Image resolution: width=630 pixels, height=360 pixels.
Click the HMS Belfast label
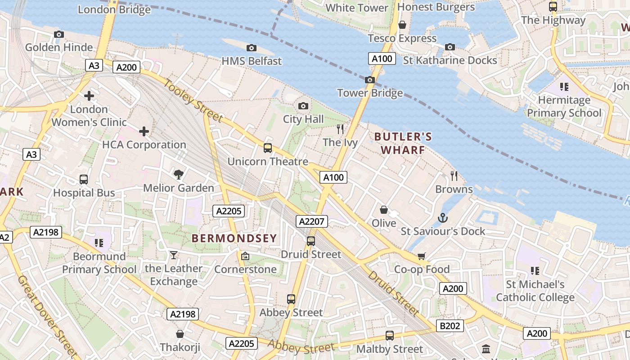tap(252, 61)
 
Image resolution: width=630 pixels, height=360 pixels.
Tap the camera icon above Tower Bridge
tap(370, 80)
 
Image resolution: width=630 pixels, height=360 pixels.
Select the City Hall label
tap(303, 119)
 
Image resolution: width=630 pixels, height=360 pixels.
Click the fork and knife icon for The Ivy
tap(340, 129)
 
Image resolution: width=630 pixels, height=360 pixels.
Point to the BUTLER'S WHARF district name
tap(403, 143)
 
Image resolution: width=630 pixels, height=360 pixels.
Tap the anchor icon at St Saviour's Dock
tap(443, 218)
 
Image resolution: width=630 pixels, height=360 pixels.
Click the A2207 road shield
tap(312, 221)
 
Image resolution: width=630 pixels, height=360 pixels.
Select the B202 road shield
tap(450, 326)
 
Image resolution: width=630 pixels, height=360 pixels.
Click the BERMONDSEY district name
tap(234, 238)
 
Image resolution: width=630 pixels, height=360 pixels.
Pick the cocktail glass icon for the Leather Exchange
tap(174, 256)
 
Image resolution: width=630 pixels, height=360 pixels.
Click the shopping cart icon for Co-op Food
tap(422, 256)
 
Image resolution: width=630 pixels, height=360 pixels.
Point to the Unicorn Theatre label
tap(268, 162)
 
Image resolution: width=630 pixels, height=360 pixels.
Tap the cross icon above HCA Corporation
tap(144, 131)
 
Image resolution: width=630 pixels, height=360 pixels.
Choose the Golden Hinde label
tap(59, 47)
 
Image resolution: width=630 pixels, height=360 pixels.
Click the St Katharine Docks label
tap(450, 60)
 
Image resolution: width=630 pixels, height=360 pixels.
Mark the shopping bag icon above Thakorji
tap(180, 334)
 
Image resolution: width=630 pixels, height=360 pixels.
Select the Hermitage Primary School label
tap(564, 106)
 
